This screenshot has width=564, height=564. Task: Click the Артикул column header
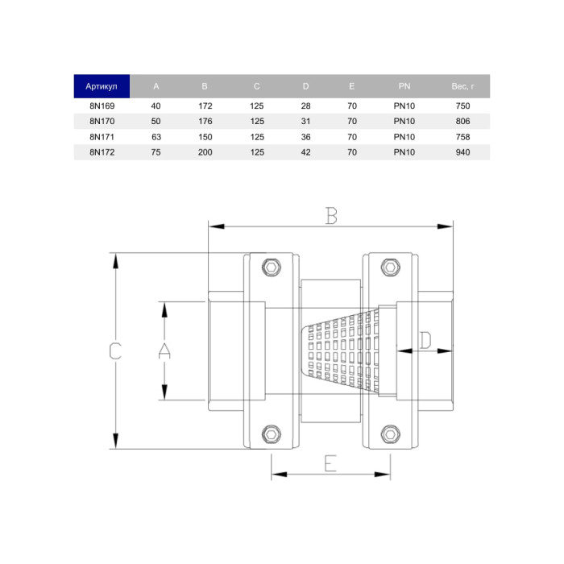[102, 86]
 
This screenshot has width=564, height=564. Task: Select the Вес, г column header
[462, 86]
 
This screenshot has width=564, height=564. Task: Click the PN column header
[404, 86]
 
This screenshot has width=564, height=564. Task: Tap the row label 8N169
[102, 106]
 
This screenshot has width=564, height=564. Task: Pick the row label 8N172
[102, 151]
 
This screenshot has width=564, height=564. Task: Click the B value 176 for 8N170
[205, 121]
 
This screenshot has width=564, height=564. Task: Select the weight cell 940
[462, 151]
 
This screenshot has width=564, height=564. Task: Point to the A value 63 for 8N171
[156, 136]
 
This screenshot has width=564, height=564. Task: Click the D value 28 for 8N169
[305, 106]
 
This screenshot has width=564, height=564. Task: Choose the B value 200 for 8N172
[205, 151]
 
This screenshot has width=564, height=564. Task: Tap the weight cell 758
[462, 136]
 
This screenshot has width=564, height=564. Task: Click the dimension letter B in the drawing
[331, 215]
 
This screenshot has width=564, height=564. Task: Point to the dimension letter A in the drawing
[164, 350]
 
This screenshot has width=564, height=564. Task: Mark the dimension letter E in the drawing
[330, 463]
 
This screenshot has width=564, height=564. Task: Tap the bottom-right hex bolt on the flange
[390, 434]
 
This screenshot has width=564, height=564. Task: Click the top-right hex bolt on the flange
[390, 267]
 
